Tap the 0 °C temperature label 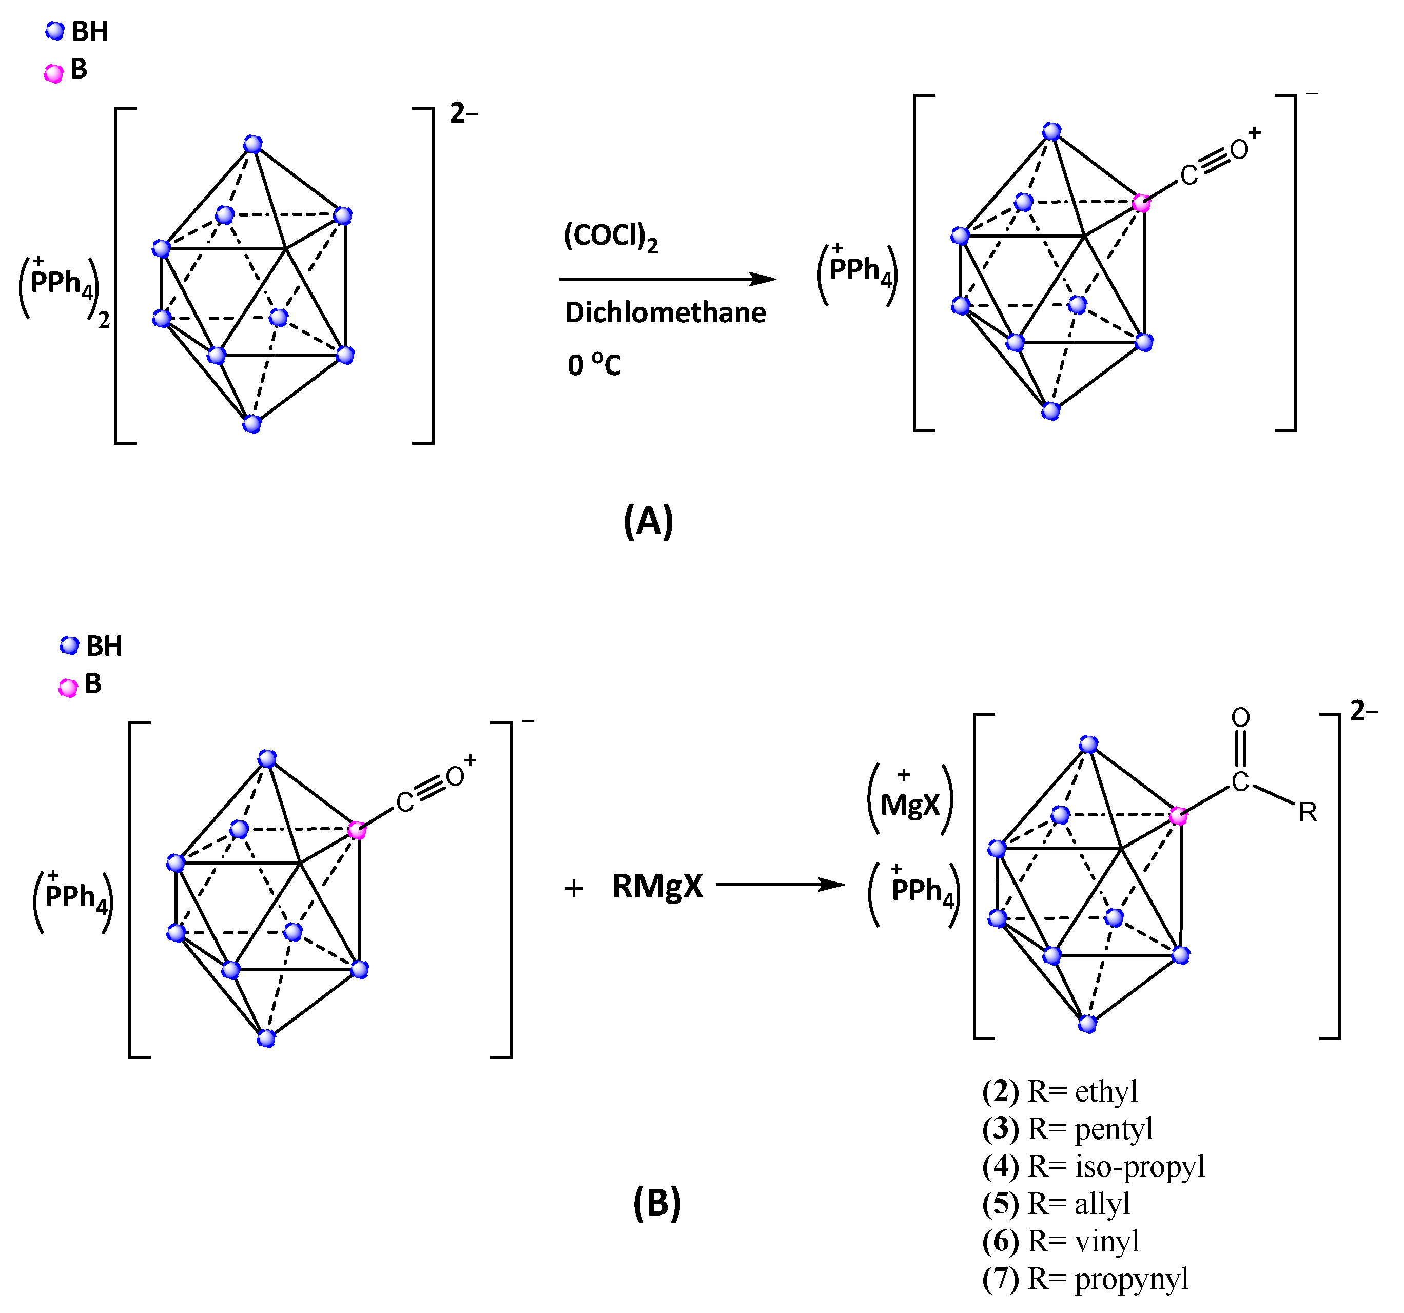594,364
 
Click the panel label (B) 657,1202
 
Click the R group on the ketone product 1307,813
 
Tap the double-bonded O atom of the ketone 1240,718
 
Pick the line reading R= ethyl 1059,1092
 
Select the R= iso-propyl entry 1093,1167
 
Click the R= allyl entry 1056,1204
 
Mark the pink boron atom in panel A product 1141,203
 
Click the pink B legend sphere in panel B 68,688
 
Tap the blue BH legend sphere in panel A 54,32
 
